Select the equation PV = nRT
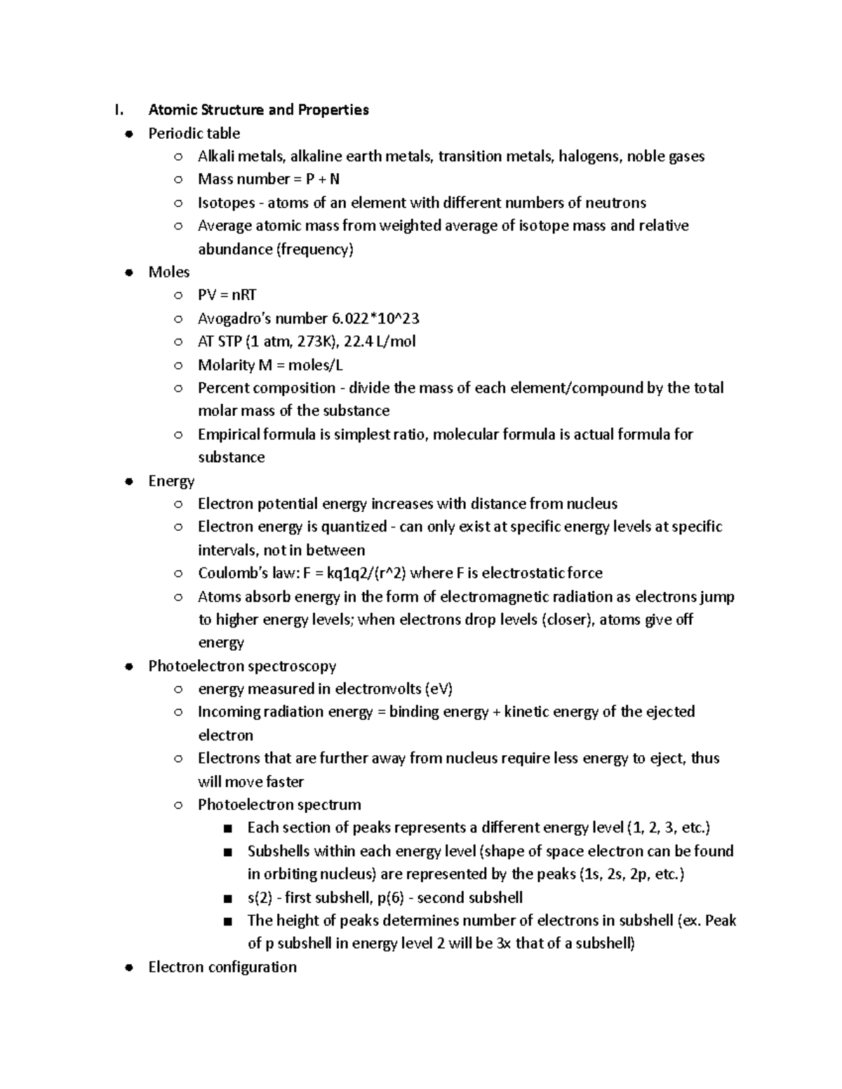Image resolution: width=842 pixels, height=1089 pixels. [x=227, y=295]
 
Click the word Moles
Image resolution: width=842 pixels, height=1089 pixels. [x=169, y=272]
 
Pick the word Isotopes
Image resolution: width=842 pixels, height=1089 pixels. [x=227, y=203]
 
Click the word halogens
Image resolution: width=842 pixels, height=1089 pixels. [x=589, y=156]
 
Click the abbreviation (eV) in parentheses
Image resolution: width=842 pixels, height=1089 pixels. [x=439, y=689]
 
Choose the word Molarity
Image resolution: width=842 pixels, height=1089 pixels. [x=227, y=365]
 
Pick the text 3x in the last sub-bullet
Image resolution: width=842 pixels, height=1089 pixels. [x=504, y=944]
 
